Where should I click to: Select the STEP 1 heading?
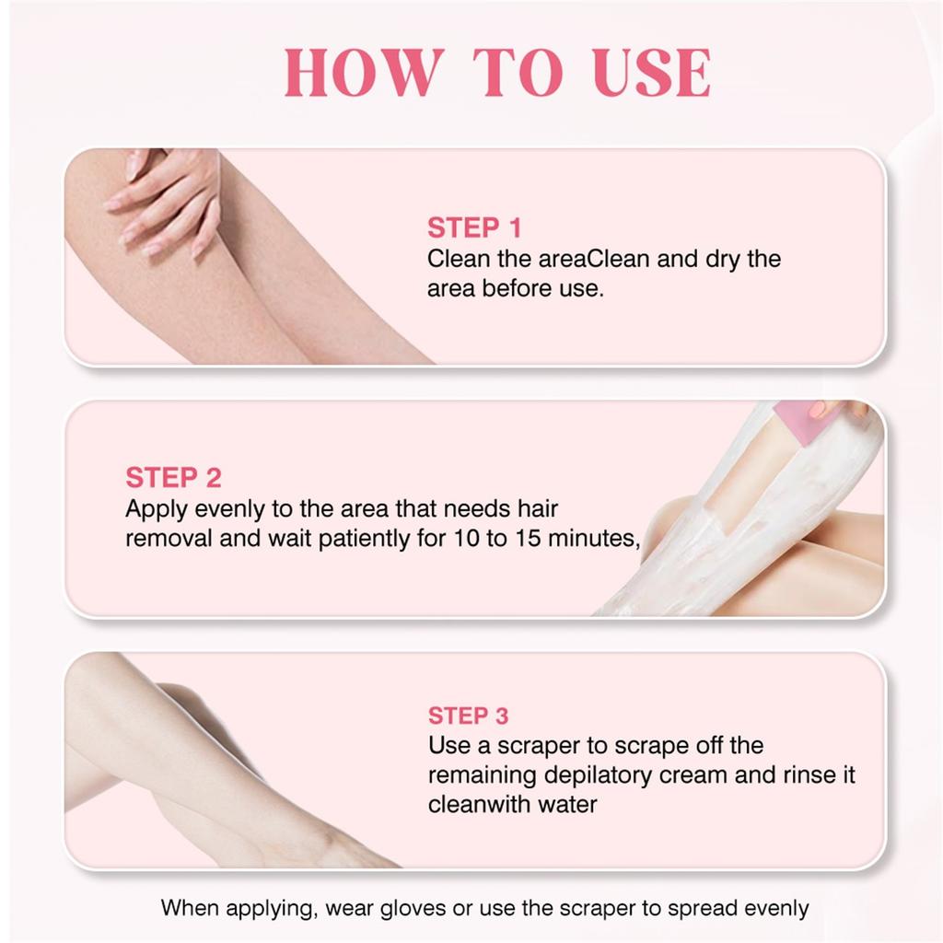pyautogui.click(x=474, y=227)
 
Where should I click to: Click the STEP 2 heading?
pyautogui.click(x=173, y=478)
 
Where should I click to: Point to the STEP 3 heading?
pyautogui.click(x=468, y=716)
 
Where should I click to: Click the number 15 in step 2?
pyautogui.click(x=529, y=539)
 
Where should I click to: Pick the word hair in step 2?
pyautogui.click(x=538, y=508)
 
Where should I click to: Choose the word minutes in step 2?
pyautogui.click(x=593, y=539)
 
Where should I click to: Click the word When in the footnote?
pyautogui.click(x=191, y=908)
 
